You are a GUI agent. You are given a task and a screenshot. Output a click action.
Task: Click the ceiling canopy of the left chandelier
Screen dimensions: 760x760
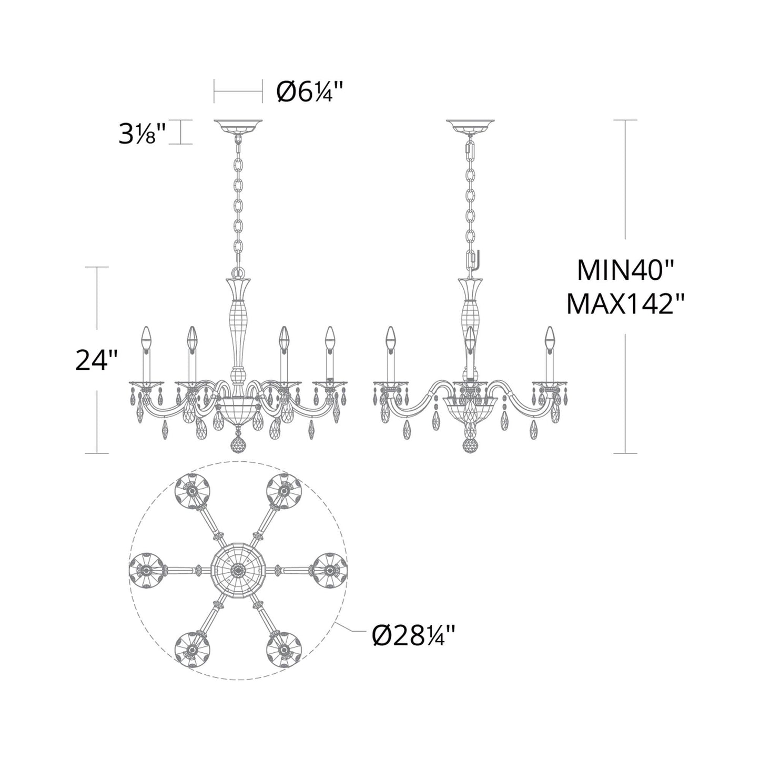click(x=238, y=126)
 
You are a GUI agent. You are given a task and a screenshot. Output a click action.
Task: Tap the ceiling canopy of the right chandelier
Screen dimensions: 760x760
click(x=471, y=126)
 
